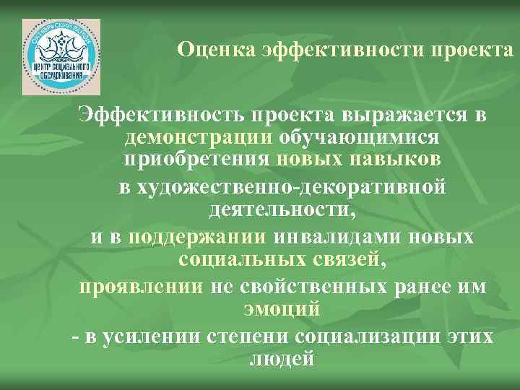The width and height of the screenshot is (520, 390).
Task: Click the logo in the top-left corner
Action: click(61, 57)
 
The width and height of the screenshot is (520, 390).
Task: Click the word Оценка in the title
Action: click(207, 51)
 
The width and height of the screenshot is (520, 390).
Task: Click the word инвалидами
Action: click(339, 237)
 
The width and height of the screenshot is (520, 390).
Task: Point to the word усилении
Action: click(145, 336)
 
